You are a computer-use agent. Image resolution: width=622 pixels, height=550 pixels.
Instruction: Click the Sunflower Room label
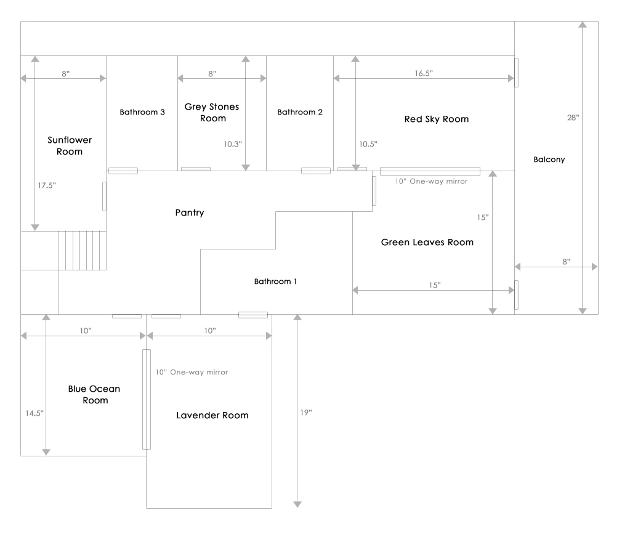(x=70, y=146)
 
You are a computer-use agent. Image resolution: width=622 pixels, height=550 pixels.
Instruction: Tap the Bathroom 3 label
(x=142, y=112)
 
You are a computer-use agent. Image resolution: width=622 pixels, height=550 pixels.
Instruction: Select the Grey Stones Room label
(x=212, y=112)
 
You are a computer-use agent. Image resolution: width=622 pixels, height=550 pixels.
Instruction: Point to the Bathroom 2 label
(x=300, y=112)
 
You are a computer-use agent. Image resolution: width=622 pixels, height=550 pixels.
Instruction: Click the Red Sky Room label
(x=437, y=119)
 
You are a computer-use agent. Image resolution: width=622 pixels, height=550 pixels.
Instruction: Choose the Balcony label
(x=549, y=160)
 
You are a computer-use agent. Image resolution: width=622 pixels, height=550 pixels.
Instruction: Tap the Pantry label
(x=189, y=213)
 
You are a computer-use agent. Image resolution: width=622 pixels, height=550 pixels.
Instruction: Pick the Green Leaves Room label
(x=427, y=242)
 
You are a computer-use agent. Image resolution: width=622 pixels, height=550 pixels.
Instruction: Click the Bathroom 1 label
(x=276, y=281)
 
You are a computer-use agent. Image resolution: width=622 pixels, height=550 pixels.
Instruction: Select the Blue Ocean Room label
(x=94, y=394)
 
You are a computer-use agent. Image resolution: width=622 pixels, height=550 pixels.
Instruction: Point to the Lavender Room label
(x=212, y=415)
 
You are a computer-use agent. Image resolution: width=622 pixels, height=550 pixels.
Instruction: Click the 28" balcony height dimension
(x=573, y=117)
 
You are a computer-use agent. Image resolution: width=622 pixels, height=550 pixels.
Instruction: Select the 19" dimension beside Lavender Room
(x=306, y=412)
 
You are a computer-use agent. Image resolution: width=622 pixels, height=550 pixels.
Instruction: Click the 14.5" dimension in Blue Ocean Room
(x=34, y=413)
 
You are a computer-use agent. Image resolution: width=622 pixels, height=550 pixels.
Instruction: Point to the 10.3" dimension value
(x=233, y=144)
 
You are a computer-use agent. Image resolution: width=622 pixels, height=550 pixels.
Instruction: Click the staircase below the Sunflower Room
(x=82, y=250)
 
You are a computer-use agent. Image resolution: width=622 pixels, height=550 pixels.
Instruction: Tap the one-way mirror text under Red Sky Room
(x=431, y=181)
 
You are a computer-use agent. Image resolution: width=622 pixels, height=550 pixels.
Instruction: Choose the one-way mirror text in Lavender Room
(x=192, y=372)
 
